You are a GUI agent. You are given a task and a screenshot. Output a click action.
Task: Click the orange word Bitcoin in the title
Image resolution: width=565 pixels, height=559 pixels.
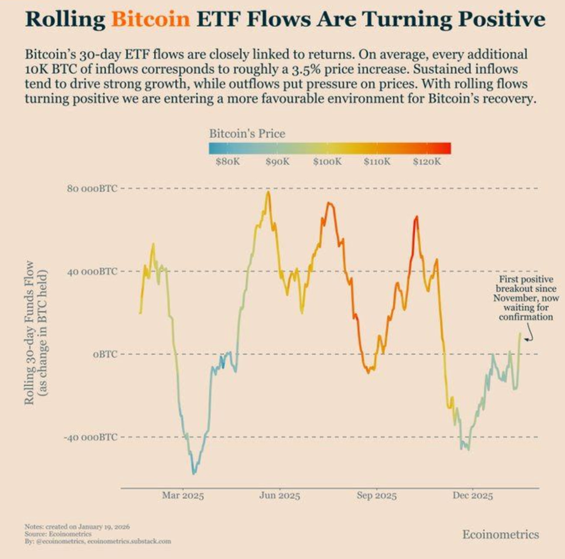(x=150, y=19)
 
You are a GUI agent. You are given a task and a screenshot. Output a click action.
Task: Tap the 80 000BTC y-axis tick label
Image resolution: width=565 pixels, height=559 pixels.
(x=92, y=188)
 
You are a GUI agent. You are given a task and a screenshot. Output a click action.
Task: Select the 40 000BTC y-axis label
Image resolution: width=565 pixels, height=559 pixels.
(x=92, y=271)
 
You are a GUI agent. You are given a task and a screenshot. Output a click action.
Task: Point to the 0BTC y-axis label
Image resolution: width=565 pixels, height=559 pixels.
(x=105, y=354)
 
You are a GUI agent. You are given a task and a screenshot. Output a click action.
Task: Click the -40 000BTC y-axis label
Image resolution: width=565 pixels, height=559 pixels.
(x=90, y=437)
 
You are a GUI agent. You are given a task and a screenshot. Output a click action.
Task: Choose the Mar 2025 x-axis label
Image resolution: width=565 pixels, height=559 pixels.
(x=183, y=496)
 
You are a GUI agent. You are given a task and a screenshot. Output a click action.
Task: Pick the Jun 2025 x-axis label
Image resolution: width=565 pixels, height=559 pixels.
(x=280, y=496)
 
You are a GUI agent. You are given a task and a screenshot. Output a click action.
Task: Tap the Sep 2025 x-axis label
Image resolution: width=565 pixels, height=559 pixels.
(x=377, y=496)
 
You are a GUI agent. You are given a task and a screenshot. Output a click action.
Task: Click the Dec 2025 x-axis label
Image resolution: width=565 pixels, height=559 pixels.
(x=473, y=496)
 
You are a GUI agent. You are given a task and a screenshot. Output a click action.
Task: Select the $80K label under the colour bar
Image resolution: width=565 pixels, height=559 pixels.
(x=228, y=162)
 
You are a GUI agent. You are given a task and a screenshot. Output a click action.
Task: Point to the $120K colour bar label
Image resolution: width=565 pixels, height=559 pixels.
(x=427, y=162)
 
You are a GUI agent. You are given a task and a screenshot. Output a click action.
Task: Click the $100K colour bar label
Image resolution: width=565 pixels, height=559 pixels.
(x=327, y=162)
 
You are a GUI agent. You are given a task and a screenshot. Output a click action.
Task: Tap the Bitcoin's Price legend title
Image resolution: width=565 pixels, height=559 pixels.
(x=247, y=134)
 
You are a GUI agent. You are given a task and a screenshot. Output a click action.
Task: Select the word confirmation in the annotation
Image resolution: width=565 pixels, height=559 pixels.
(x=526, y=317)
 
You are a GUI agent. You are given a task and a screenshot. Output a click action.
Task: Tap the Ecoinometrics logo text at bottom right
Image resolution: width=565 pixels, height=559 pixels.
(x=500, y=534)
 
